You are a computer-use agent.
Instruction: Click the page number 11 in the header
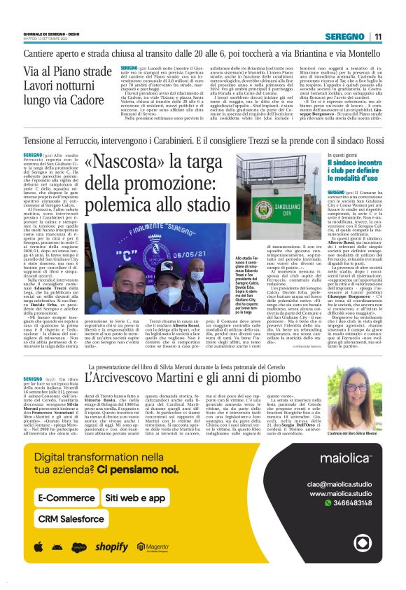click(378, 36)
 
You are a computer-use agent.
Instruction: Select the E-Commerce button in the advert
click(67, 498)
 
